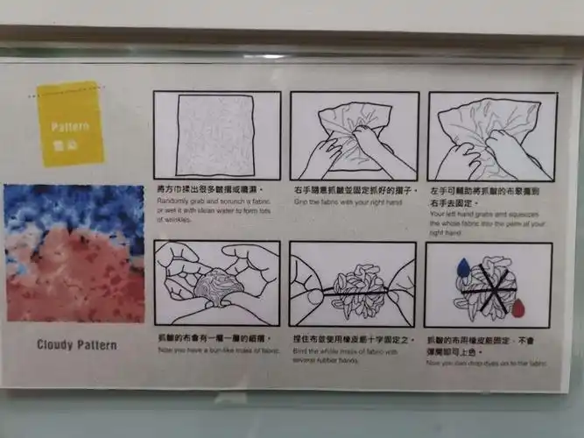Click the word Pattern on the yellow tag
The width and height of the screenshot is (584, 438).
(x=69, y=126)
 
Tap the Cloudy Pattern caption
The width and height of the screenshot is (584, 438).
(x=76, y=344)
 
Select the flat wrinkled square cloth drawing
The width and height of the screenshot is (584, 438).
(x=216, y=136)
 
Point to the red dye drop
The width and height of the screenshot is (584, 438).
(x=518, y=307)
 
